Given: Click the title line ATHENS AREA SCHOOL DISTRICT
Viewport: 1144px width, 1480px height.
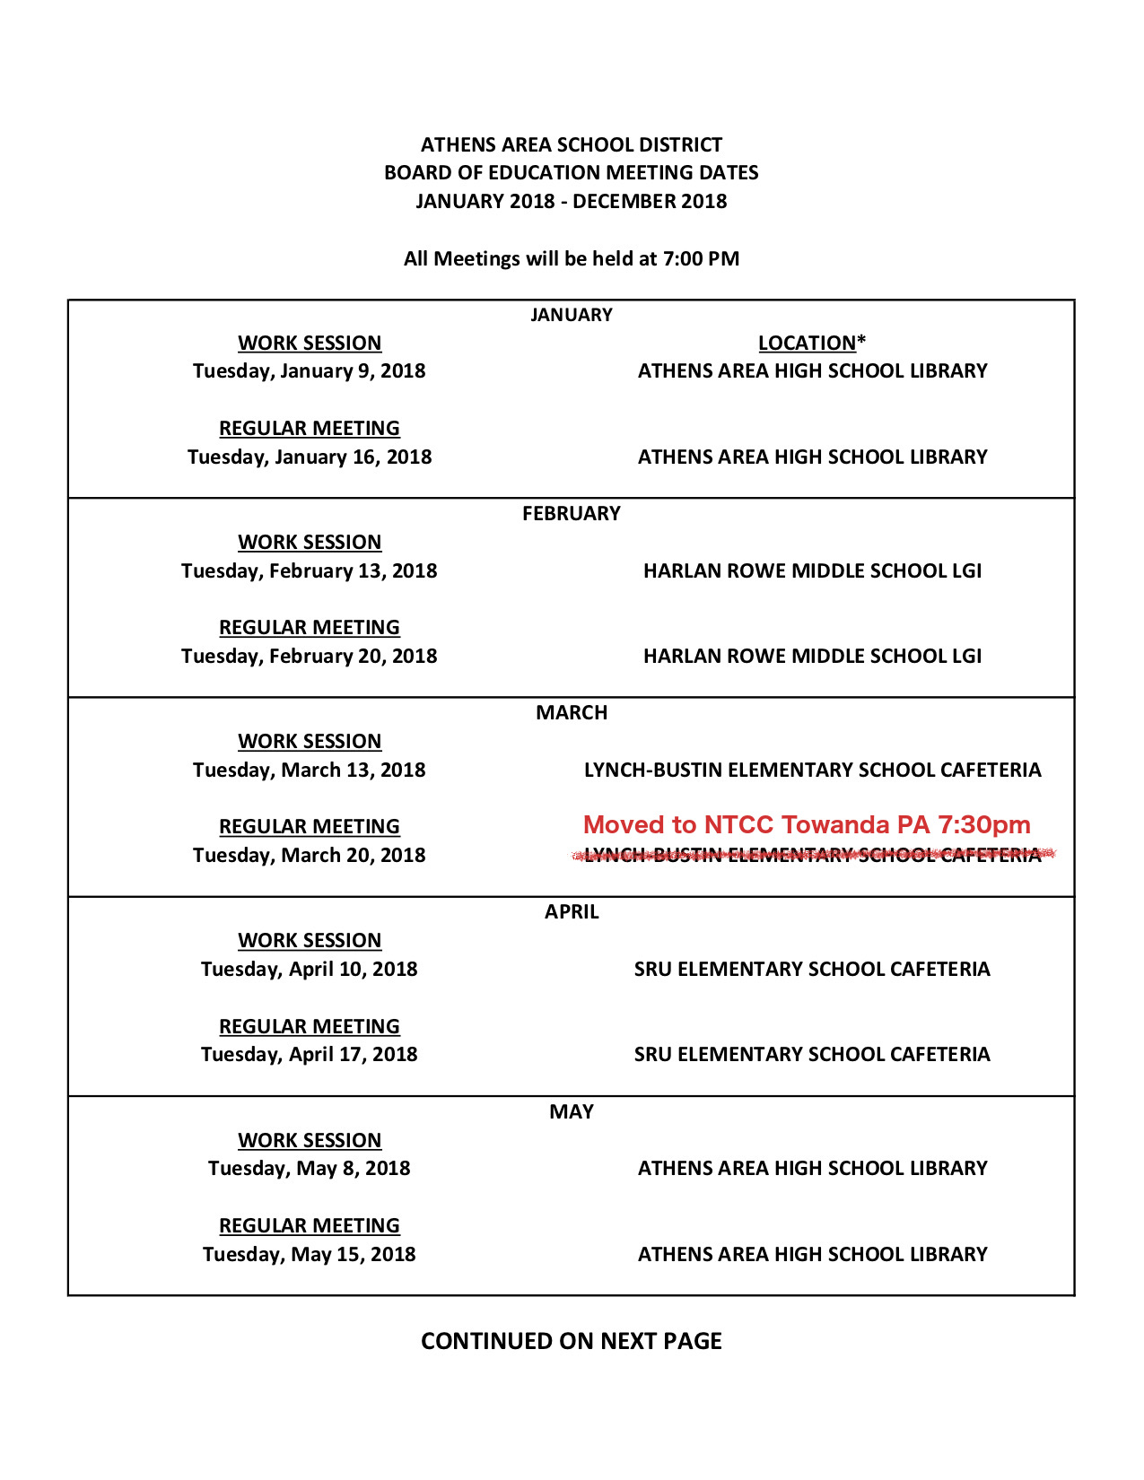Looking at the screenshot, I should point(572,144).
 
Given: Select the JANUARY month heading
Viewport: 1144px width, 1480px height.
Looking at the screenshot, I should point(572,315).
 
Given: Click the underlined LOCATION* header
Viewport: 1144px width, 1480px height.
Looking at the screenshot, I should point(811,343).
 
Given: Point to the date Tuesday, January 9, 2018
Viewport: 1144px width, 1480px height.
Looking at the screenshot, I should point(310,370).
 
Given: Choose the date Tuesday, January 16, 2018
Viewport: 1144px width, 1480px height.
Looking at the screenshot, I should point(310,457).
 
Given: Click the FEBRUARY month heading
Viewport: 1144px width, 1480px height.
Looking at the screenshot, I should point(572,514).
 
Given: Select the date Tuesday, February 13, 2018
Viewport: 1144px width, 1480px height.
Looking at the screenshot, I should point(310,570).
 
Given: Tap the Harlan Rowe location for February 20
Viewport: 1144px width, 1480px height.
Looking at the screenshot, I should point(812,656).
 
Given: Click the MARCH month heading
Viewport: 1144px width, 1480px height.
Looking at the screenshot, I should point(572,713).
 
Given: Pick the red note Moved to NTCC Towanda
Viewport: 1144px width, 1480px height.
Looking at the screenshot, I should point(807,824).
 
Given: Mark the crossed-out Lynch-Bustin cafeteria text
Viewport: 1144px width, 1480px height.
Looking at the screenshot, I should point(812,855).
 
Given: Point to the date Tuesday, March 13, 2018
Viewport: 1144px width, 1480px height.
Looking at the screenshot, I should point(310,770).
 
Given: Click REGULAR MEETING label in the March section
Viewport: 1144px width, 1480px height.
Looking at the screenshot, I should point(310,826).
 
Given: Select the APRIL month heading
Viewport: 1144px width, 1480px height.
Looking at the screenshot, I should point(572,912).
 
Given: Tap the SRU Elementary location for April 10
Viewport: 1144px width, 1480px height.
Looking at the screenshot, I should point(812,969).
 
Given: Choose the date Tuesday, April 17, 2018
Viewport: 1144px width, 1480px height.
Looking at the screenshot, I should point(310,1054).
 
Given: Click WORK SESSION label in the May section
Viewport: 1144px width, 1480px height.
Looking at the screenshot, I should point(310,1140).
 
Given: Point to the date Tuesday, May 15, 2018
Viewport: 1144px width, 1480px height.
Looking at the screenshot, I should point(310,1254).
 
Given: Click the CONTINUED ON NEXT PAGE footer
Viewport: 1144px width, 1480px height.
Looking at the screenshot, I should point(572,1341).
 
